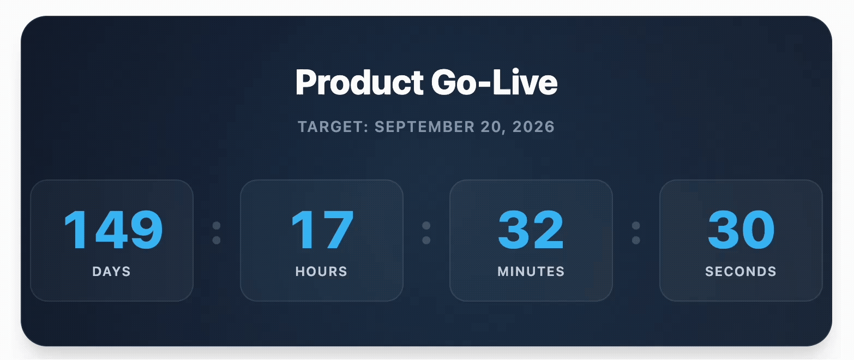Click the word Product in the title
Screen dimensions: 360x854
[x=359, y=83]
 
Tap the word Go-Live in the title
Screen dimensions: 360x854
[x=494, y=83]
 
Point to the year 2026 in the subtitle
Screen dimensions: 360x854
[x=534, y=127]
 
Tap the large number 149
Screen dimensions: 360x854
[x=113, y=230]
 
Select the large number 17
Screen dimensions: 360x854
[x=322, y=230]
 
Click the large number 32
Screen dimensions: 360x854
[x=531, y=230]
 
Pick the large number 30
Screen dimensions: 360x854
[x=741, y=230]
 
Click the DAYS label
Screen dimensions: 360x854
[x=112, y=272]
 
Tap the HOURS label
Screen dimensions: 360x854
[x=321, y=272]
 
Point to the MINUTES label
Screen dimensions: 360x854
[x=531, y=272]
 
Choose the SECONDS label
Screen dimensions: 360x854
[x=741, y=272]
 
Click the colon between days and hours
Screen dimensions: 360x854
[x=216, y=233]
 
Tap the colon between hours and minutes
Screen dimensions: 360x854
[x=426, y=233]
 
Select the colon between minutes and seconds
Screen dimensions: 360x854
[x=636, y=233]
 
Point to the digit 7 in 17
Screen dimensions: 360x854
[x=337, y=230]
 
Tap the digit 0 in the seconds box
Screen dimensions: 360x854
[x=758, y=230]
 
